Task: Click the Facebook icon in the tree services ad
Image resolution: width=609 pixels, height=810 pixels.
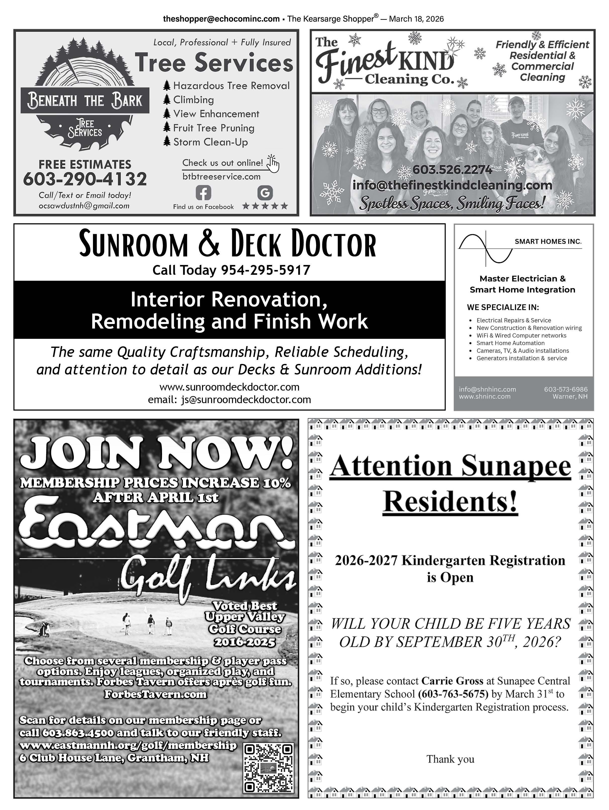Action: pos(203,193)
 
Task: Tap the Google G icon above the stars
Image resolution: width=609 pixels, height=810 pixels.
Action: pos(265,193)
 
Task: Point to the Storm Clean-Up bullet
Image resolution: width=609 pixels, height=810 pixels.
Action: pos(210,142)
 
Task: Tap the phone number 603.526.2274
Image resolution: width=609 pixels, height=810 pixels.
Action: pos(452,170)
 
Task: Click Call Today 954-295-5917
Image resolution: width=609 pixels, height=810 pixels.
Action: pos(231,270)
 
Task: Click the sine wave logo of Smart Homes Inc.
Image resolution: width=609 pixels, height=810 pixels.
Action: pos(486,248)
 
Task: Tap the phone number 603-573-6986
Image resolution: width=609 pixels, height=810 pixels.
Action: pos(566,389)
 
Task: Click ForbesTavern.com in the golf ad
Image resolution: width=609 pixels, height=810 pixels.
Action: pos(155,694)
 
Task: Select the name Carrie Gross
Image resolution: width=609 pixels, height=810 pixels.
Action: pos(452,681)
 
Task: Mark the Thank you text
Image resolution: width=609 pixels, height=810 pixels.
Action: pos(450,759)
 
